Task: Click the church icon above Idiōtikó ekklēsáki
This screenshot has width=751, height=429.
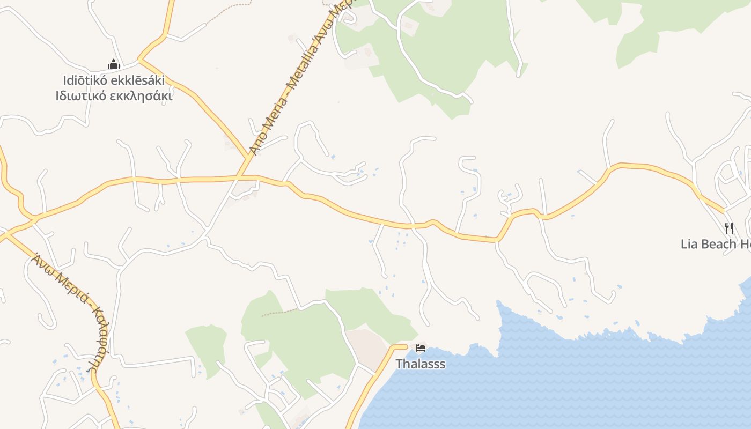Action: click(114, 65)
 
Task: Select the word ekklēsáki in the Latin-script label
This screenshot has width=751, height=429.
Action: click(137, 80)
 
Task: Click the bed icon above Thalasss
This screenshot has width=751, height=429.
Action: click(421, 348)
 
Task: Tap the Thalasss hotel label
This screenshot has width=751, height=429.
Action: click(421, 364)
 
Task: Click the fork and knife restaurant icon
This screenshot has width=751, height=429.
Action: click(728, 228)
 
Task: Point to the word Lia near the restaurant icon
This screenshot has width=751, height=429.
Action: click(690, 244)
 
